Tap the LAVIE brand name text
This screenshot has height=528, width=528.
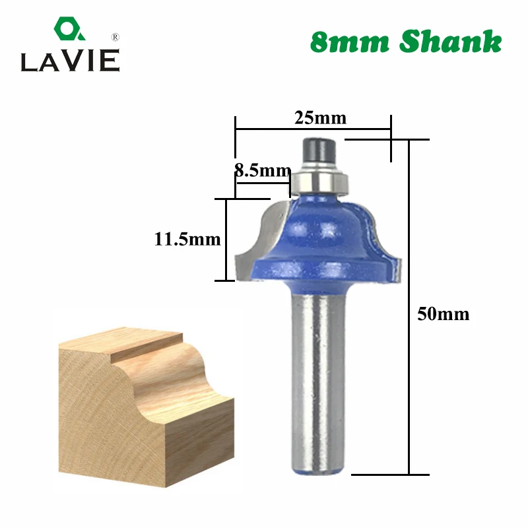[71, 61]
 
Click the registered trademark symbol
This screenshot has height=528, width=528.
[115, 38]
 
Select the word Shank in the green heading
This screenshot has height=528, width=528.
[451, 41]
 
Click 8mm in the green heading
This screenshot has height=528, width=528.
[349, 42]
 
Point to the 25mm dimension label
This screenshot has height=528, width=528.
[320, 118]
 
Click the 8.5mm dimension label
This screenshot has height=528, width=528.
[263, 170]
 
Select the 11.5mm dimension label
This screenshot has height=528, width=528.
[187, 239]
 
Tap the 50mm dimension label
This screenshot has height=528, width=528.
[443, 314]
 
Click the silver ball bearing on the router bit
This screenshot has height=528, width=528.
[319, 178]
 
